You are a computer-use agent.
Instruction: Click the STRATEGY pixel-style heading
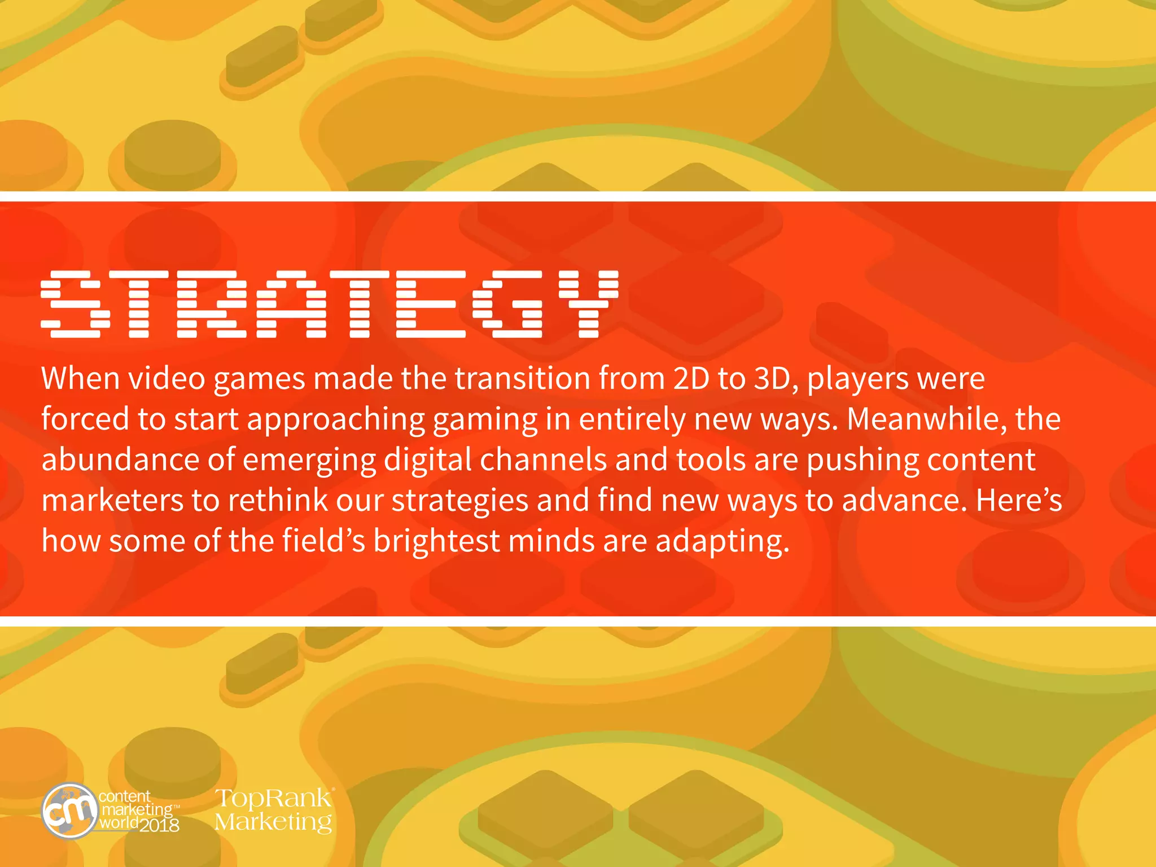[x=330, y=304]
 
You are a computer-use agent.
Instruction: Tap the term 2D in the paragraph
[x=691, y=379]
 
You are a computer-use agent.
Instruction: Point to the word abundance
[x=120, y=460]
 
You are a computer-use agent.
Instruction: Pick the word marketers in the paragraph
[x=112, y=501]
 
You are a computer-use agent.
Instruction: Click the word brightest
[x=436, y=541]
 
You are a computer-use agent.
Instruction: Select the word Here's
[x=1019, y=501]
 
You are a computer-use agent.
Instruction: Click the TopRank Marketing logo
[x=274, y=810]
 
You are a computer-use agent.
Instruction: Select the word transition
[x=523, y=379]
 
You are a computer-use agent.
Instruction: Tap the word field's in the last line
[x=323, y=541]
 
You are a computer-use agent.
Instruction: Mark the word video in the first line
[x=167, y=379]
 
